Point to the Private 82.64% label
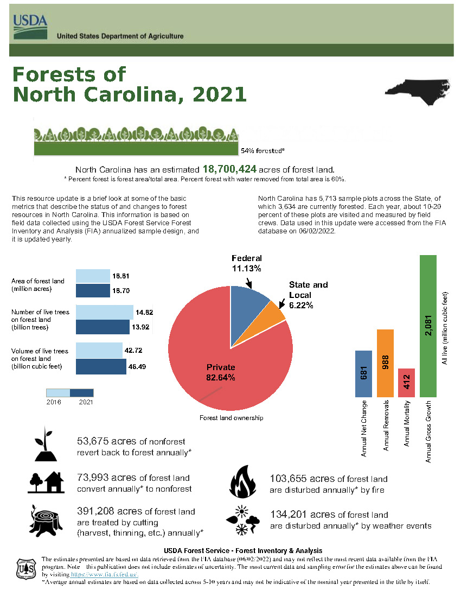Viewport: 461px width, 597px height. [x=221, y=372]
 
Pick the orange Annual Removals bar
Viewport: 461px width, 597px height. [x=385, y=363]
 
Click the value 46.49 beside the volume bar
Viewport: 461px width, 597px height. [x=137, y=366]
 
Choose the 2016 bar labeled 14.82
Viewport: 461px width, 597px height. [x=104, y=312]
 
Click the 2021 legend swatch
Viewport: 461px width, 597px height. [x=82, y=392]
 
